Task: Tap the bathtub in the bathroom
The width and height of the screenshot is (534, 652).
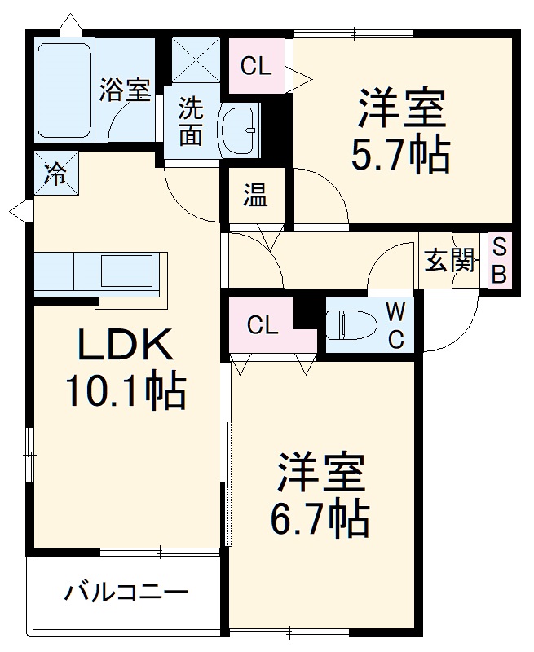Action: coord(64,89)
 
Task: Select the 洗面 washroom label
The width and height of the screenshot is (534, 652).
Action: coord(191,121)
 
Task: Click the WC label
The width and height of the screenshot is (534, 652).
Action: coord(395,325)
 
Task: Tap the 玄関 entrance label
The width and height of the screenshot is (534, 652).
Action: coord(449,262)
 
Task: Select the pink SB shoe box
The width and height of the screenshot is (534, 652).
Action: coord(499,261)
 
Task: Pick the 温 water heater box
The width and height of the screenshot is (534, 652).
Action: coord(255,196)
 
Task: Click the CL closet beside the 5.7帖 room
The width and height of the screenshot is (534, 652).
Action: coord(256,67)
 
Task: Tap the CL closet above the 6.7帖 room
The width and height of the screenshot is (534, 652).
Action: coord(263,326)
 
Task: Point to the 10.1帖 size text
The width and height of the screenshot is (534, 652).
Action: coord(126,392)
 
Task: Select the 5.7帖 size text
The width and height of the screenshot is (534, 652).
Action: coord(400,152)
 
